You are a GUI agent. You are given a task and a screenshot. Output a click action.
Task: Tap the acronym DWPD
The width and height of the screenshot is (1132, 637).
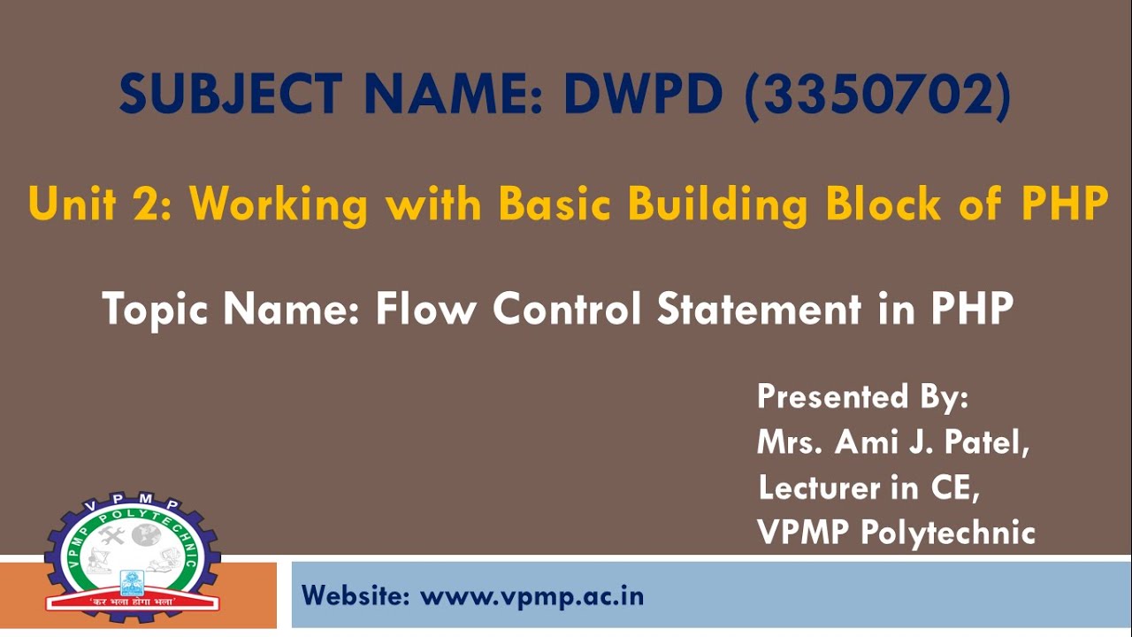(x=644, y=95)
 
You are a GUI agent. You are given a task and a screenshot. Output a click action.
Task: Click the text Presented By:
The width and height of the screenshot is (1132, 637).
(x=862, y=396)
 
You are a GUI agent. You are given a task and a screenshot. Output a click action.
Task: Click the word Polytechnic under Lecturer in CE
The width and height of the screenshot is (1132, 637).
(x=947, y=533)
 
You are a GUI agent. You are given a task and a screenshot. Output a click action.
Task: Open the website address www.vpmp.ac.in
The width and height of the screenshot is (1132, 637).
(x=532, y=595)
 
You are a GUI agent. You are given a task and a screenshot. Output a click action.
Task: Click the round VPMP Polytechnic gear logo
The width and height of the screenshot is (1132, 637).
(x=133, y=553)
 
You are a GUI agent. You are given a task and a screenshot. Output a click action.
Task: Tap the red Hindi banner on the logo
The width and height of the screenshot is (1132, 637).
(x=133, y=602)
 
